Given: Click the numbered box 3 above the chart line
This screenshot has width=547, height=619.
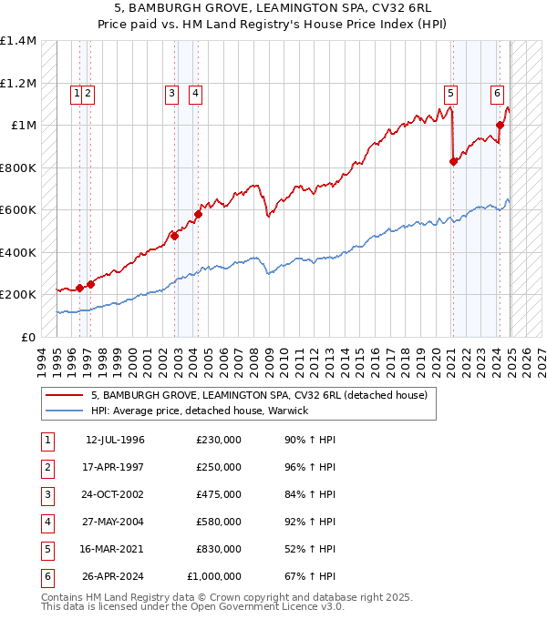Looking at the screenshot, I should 171,91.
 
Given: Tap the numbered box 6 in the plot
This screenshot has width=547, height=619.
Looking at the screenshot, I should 497,91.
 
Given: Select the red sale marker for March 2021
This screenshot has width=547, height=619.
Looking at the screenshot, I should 453,161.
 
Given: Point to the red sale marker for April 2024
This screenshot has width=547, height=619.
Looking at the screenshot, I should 501,126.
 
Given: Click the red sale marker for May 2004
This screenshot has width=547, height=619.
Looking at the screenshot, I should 198,215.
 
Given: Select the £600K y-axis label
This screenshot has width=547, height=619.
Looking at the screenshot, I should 18,209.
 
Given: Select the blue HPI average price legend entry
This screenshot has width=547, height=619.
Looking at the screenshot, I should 200,411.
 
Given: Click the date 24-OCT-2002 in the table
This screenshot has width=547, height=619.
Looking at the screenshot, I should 115,495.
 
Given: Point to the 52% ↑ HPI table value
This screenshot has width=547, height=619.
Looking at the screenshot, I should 310,550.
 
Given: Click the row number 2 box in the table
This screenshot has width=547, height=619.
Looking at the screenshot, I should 46,468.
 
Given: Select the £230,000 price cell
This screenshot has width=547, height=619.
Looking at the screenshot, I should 219,441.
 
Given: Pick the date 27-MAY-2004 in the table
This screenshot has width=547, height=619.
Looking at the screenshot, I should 115,523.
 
